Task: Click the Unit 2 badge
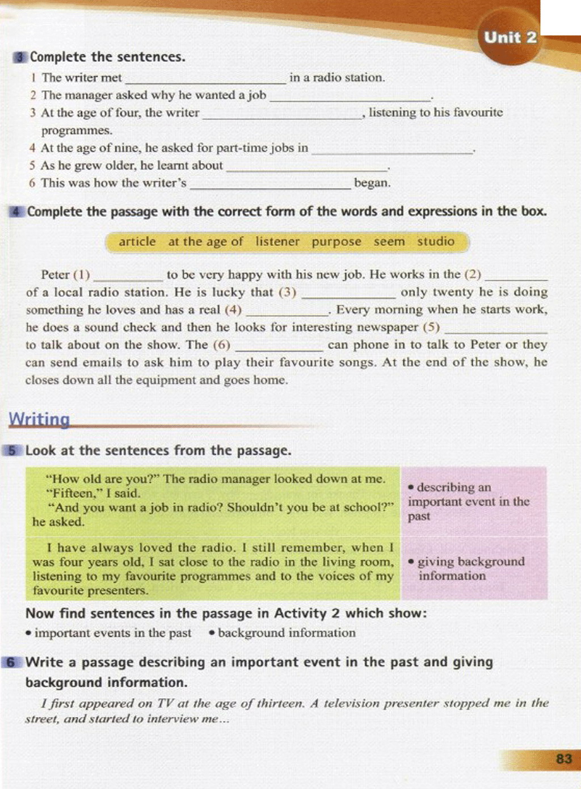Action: coord(510,38)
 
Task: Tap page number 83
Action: coord(564,759)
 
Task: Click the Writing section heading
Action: coord(39,419)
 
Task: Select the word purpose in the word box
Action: coord(336,242)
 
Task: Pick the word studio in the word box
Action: coord(436,241)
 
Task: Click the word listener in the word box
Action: coord(277,241)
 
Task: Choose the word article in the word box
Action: coord(137,241)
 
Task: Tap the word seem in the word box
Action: coord(389,241)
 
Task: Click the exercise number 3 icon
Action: coord(20,57)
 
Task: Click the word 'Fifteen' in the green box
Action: coord(65,493)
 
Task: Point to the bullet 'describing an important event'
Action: coord(468,502)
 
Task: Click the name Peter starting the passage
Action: coord(55,275)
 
